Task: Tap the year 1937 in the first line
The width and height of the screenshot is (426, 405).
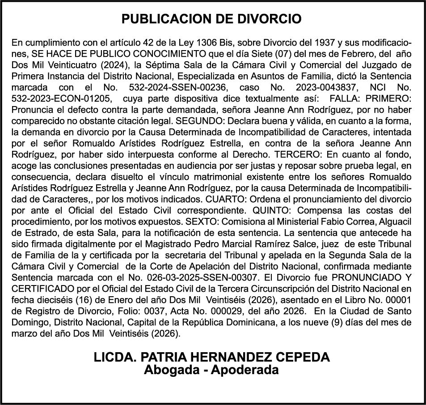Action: [x=322, y=43]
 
